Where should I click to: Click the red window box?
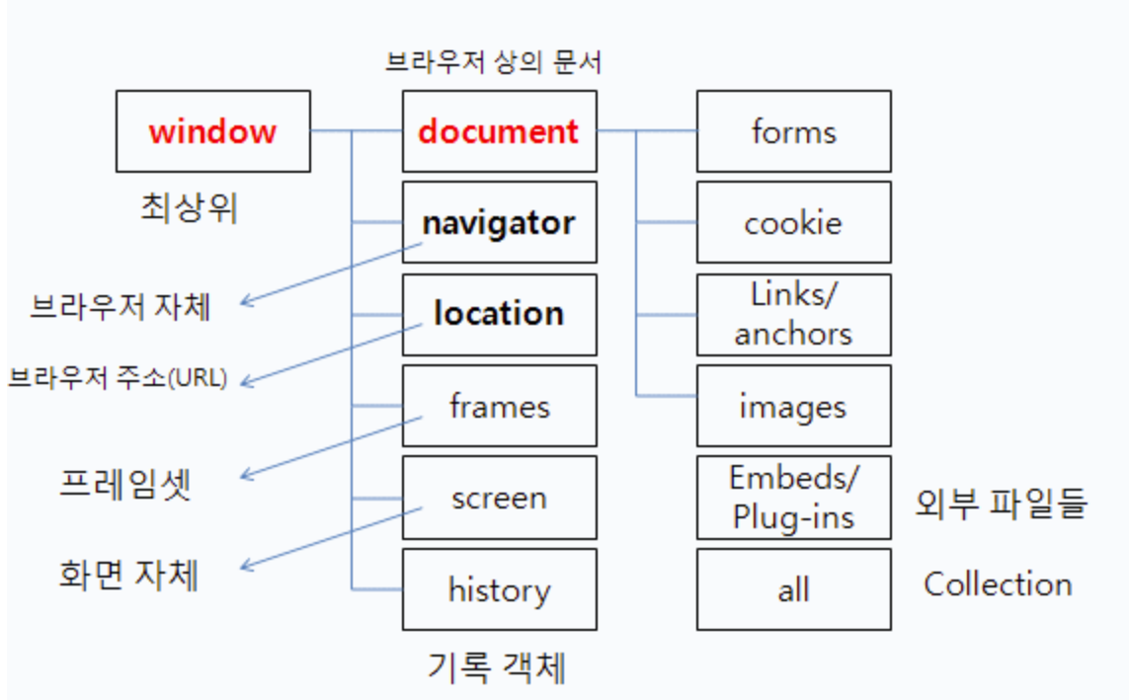[x=212, y=131]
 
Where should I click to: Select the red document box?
[x=499, y=131]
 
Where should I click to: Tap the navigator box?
[x=499, y=222]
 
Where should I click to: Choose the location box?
[x=499, y=314]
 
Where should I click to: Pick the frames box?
[x=499, y=406]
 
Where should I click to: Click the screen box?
[x=499, y=498]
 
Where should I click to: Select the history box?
[x=499, y=589]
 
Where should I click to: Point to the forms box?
[x=793, y=131]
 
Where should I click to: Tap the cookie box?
[x=793, y=222]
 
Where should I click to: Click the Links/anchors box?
[x=793, y=314]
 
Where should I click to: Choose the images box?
[x=793, y=406]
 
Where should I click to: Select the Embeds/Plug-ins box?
[x=793, y=498]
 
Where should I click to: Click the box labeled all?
[x=793, y=589]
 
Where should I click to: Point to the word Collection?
[x=998, y=583]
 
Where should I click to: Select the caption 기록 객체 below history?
[x=497, y=667]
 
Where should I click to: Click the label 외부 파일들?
[x=1002, y=504]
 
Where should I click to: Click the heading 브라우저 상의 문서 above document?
[x=494, y=62]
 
